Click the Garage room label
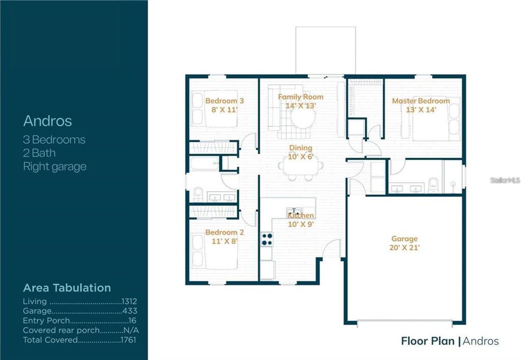(405, 239)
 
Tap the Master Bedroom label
(420, 101)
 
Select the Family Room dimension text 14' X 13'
(300, 105)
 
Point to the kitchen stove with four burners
(267, 239)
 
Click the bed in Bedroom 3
(215, 109)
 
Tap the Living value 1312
(129, 302)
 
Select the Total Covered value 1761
(129, 340)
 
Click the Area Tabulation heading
(67, 288)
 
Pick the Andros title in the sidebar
(48, 121)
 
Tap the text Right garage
(55, 167)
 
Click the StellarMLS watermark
(505, 180)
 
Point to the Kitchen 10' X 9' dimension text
(301, 224)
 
